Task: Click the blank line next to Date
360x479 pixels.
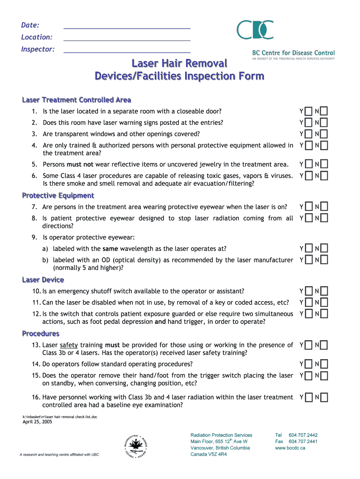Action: [x=127, y=28]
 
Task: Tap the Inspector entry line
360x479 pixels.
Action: [x=127, y=51]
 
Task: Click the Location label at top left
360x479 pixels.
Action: [x=36, y=37]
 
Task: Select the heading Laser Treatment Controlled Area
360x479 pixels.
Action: [x=76, y=100]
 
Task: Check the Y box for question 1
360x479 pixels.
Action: [x=308, y=111]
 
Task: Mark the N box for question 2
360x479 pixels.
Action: [x=324, y=123]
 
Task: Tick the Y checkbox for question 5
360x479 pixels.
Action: [x=308, y=164]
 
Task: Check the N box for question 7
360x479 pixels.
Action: [x=324, y=207]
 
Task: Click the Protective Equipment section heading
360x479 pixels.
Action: [x=58, y=196]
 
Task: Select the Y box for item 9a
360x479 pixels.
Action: [x=308, y=248]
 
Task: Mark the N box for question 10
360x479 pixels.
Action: [x=324, y=291]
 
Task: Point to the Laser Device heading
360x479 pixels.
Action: [x=43, y=280]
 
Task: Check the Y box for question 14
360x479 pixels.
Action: [x=308, y=364]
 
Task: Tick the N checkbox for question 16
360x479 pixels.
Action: [x=324, y=397]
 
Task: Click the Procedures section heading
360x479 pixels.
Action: [x=41, y=334]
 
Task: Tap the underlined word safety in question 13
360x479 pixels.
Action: [x=69, y=345]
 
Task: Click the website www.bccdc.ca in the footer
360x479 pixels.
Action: [x=290, y=448]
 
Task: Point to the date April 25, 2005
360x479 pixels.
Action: [x=37, y=421]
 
